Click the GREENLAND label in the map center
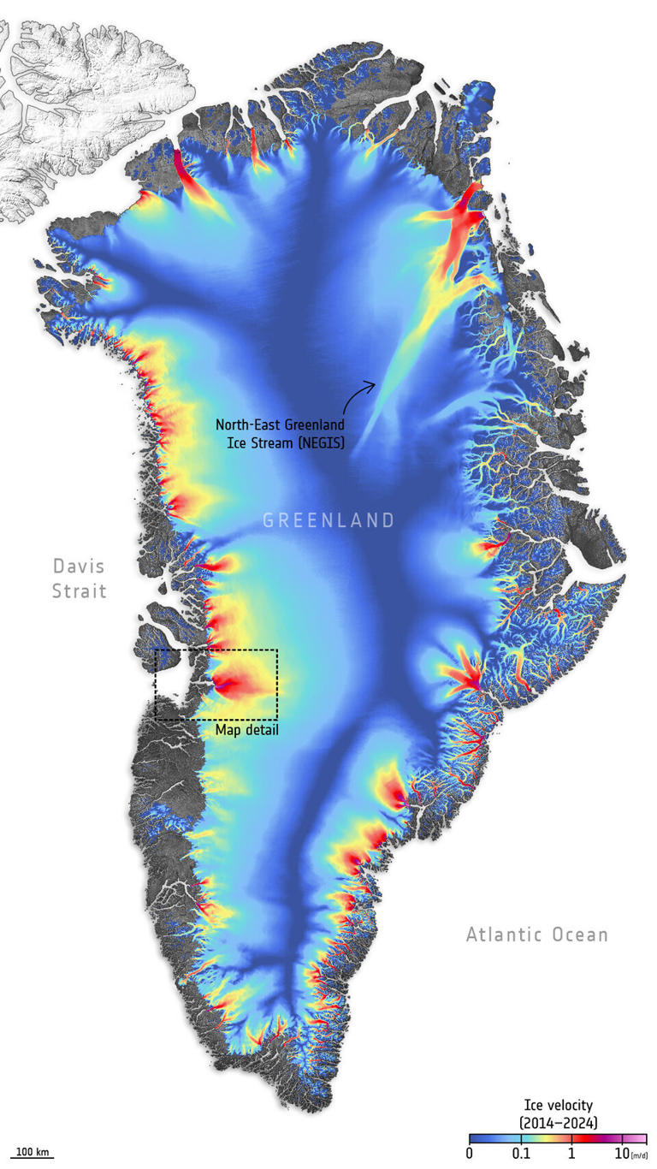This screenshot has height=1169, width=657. (x=328, y=520)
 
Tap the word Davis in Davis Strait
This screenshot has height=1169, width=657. (x=79, y=567)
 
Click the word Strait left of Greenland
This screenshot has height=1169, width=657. (x=79, y=590)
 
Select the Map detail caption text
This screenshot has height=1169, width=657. (x=246, y=730)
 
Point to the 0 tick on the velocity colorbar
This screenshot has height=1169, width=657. (x=470, y=1155)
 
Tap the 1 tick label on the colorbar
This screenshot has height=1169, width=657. (x=571, y=1155)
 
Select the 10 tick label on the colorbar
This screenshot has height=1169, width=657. (x=621, y=1155)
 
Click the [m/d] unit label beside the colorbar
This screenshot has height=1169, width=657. (x=638, y=1156)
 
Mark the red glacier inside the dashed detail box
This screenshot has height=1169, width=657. (x=229, y=685)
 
